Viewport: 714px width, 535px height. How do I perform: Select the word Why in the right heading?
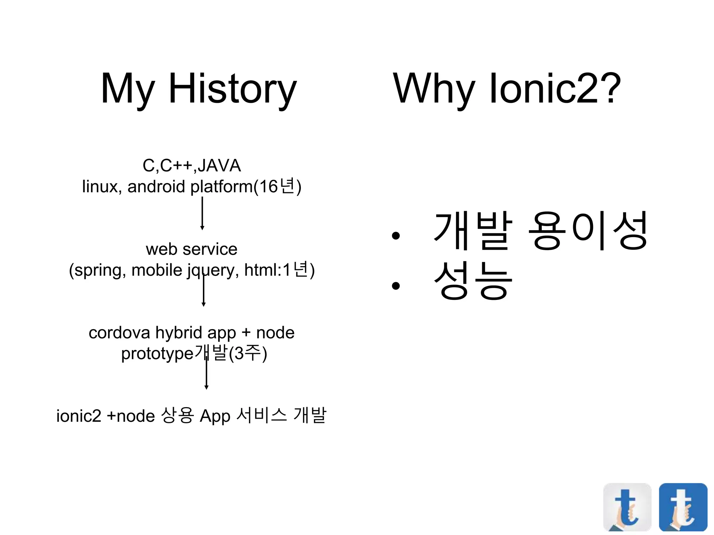[434, 89]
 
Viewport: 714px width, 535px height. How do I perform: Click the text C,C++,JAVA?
[192, 165]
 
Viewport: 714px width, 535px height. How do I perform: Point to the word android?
[156, 186]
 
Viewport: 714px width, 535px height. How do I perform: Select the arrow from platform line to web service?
[202, 213]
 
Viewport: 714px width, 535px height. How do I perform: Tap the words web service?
[192, 249]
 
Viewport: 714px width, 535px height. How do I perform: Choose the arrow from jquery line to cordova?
[204, 293]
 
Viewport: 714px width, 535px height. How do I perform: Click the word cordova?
[119, 333]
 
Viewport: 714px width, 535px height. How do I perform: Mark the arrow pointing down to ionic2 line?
[206, 374]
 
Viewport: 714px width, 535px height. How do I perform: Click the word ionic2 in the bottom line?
[79, 416]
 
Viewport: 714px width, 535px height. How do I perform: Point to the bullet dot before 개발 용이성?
[395, 236]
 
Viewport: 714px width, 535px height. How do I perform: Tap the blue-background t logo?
[683, 507]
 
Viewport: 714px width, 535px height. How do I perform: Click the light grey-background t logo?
[627, 507]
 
